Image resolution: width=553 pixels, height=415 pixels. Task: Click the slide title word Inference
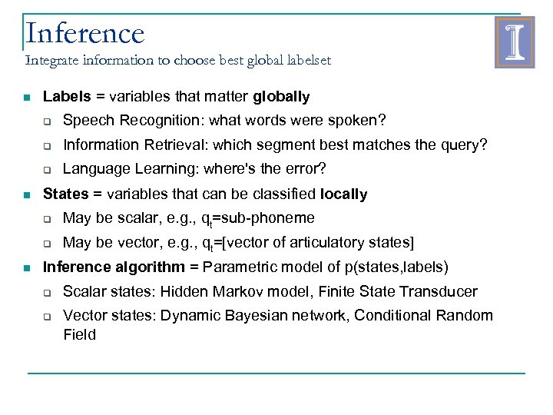[x=84, y=33]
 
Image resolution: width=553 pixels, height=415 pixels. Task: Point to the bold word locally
[x=343, y=194]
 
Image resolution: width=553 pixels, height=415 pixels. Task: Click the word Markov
[x=251, y=292]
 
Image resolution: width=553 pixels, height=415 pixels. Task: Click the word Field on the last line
[x=79, y=334]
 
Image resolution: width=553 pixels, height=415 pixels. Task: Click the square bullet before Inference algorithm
[x=27, y=268]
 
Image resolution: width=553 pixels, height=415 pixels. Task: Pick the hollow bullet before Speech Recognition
[x=47, y=121]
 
